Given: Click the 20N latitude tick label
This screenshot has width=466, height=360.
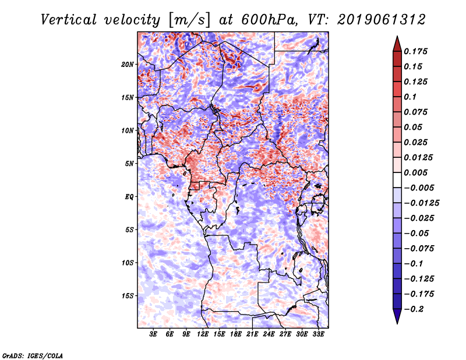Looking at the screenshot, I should tap(128, 64).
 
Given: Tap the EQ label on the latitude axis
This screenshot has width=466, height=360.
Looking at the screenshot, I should tap(129, 197).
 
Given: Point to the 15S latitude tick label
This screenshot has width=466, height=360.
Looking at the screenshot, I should tap(128, 296).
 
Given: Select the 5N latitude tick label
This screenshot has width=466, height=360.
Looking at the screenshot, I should tap(129, 164).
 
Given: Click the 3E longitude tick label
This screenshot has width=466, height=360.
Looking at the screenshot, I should tap(154, 335).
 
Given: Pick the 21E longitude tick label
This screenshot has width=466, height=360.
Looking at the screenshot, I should tap(253, 335).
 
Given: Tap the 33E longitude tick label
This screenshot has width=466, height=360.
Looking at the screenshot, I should tap(319, 335).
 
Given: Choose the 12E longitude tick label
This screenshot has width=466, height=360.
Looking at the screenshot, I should tap(203, 335).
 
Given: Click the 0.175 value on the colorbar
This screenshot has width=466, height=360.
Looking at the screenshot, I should tap(416, 51).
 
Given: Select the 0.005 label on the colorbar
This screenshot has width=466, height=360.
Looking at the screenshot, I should tap(416, 172).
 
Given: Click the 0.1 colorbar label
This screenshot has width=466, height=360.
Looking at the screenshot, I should tap(411, 97).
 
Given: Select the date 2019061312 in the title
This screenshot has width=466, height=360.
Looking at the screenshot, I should tap(381, 19).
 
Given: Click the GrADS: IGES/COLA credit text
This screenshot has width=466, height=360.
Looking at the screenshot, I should tap(32, 354).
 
